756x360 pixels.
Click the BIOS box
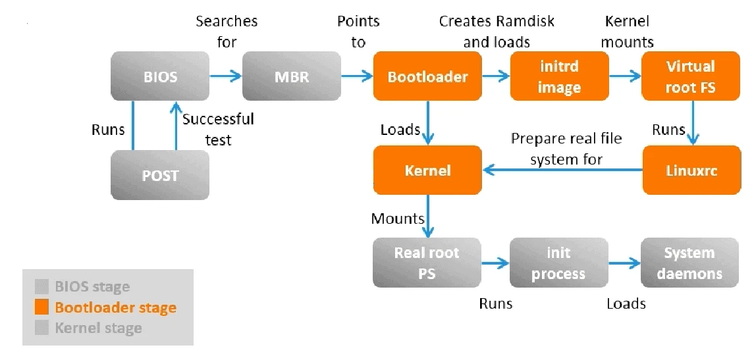pos(160,76)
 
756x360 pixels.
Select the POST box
pos(160,175)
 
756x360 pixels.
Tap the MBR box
pos(291,76)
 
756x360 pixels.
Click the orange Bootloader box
pos(427,76)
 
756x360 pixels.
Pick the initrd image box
pos(559,76)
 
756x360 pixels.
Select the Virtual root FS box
pos(690,76)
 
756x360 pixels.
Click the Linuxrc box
pos(690,170)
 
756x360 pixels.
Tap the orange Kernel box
pos(427,170)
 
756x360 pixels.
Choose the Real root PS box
pos(427,263)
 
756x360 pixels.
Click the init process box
pos(558,263)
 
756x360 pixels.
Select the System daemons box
pos(689,263)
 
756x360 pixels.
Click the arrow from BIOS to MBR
pos(226,76)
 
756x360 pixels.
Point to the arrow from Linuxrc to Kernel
pos(562,170)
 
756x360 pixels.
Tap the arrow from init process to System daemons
pos(624,263)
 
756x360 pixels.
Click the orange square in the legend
pos(42,307)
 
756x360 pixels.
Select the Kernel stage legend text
pos(98,328)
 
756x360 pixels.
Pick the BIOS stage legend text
pos(92,287)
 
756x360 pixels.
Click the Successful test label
pos(217,130)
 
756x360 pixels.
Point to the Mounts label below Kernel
pos(397,218)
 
